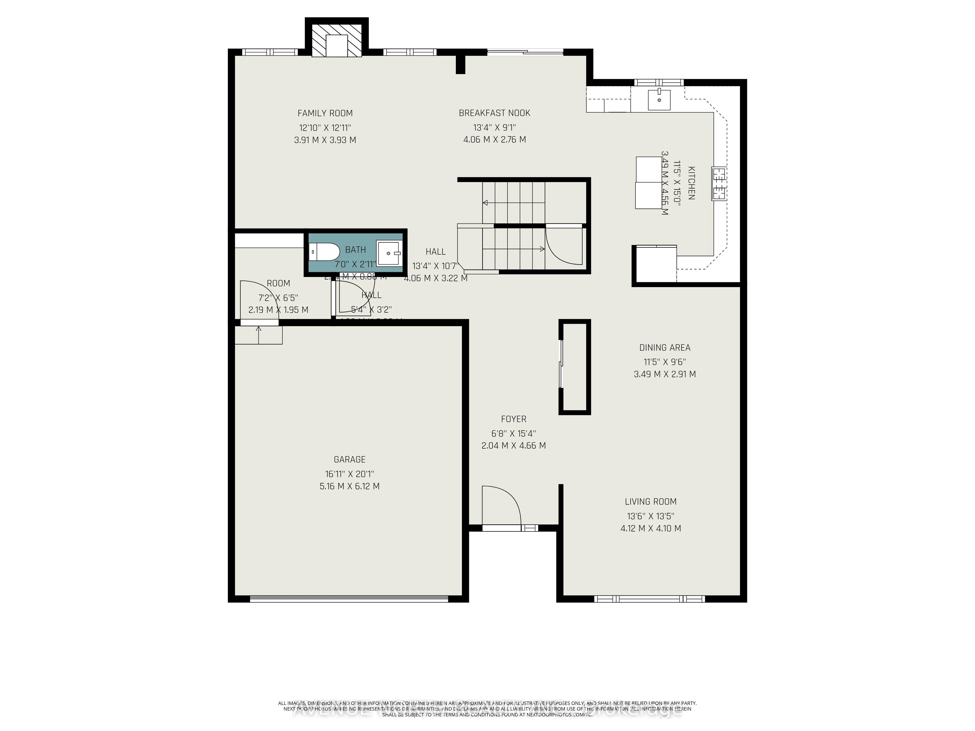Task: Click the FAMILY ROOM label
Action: (325, 113)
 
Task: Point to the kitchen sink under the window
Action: (659, 100)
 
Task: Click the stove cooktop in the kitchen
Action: (719, 184)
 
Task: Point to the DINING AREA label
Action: (665, 348)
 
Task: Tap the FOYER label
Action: (514, 419)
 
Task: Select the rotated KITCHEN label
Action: (691, 183)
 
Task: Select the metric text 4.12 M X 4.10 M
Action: (651, 528)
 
